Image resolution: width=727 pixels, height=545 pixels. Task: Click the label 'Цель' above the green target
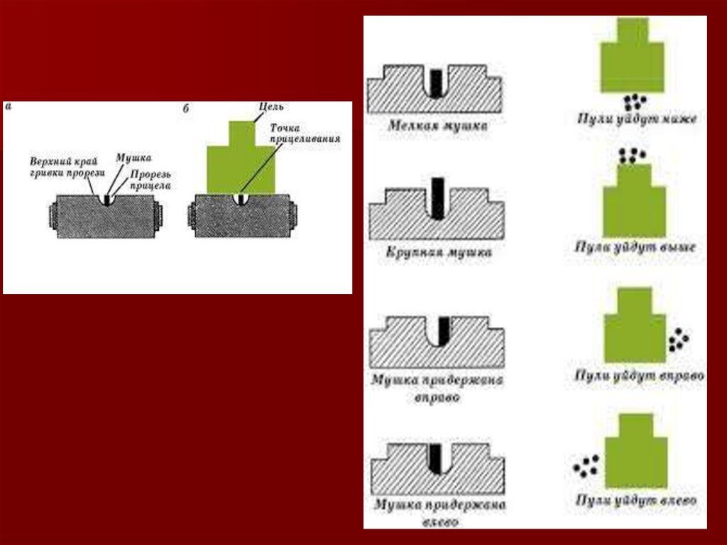[x=272, y=107]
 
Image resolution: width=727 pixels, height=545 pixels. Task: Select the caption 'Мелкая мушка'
[x=438, y=126]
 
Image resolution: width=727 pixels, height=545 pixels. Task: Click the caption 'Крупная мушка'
[x=439, y=252]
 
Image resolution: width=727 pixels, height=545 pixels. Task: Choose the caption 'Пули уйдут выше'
[x=635, y=247]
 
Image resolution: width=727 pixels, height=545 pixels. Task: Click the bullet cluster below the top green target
[x=633, y=101]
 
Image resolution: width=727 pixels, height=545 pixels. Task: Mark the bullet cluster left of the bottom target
[x=586, y=466]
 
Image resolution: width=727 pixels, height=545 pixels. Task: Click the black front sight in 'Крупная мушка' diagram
[x=438, y=198]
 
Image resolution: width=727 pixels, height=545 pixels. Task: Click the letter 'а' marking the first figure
[x=8, y=107]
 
